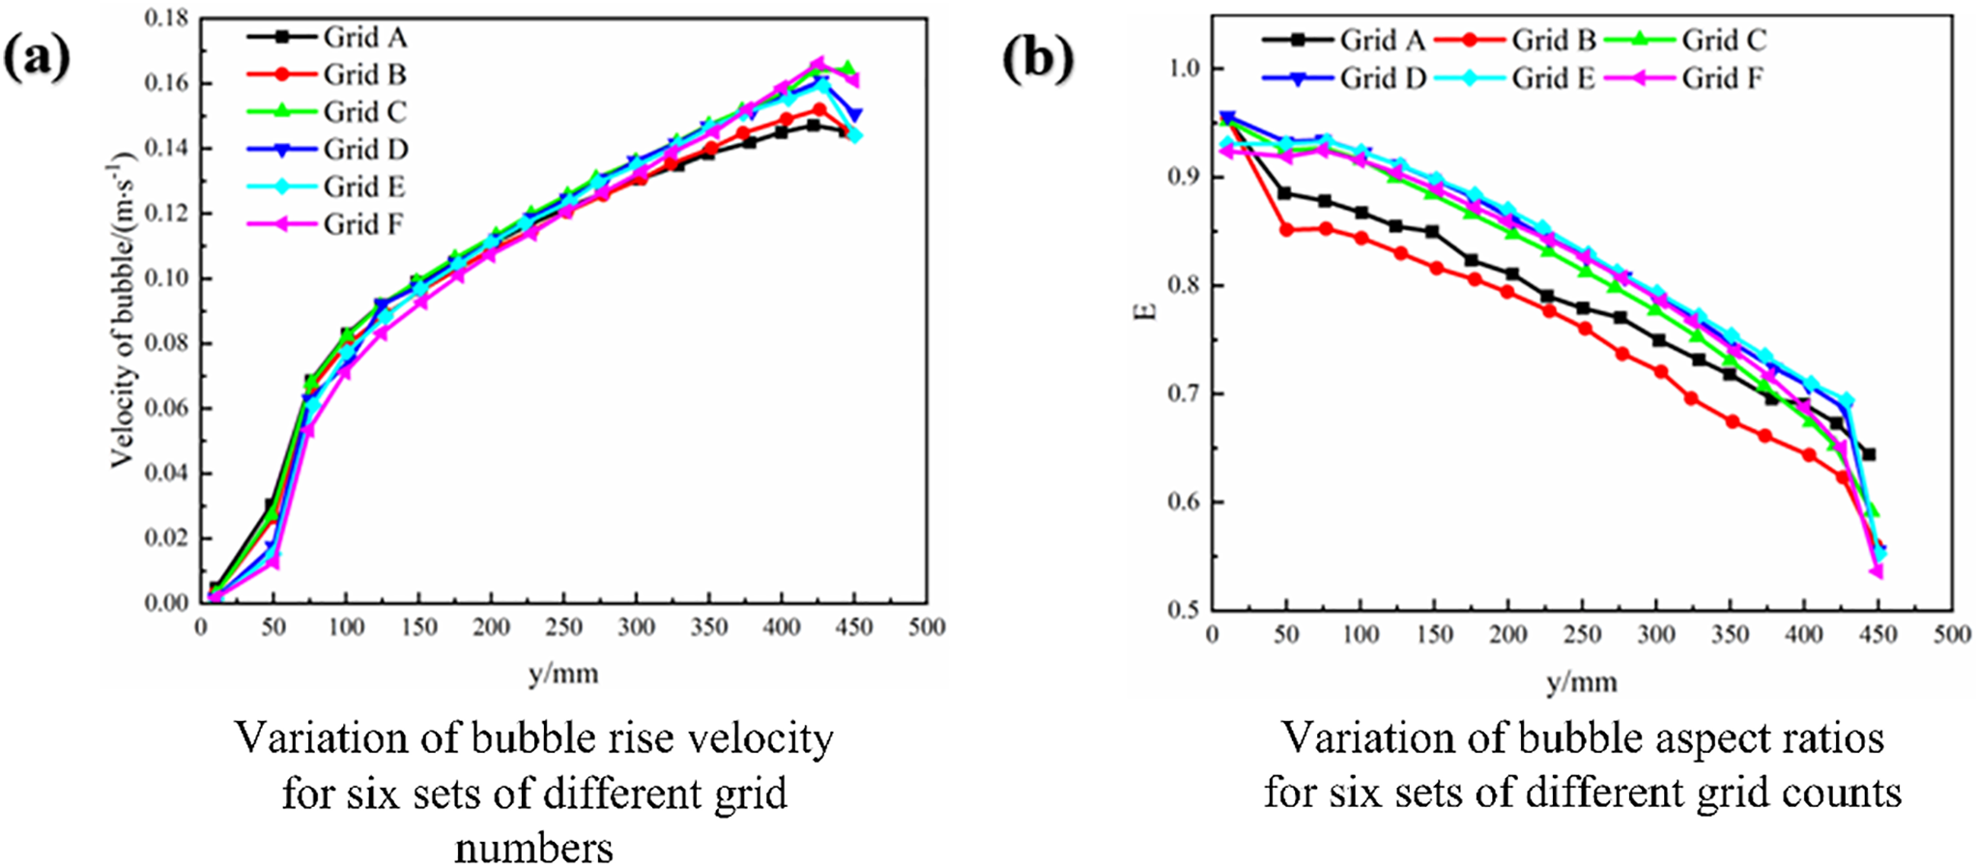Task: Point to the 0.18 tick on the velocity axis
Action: pyautogui.click(x=165, y=18)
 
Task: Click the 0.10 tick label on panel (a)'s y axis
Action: pyautogui.click(x=165, y=278)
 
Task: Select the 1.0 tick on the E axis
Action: pyautogui.click(x=1181, y=69)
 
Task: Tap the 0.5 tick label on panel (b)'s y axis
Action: pyautogui.click(x=1181, y=610)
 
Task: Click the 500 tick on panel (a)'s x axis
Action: pyautogui.click(x=927, y=627)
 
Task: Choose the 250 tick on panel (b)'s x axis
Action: pyautogui.click(x=1582, y=635)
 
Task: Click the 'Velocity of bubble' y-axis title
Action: pyautogui.click(x=122, y=309)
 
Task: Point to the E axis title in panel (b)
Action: pyautogui.click(x=1149, y=311)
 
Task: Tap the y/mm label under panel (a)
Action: pyautogui.click(x=563, y=673)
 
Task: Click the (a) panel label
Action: pyautogui.click(x=37, y=58)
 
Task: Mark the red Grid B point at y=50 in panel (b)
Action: pyautogui.click(x=1286, y=230)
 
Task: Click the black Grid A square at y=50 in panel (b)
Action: pyautogui.click(x=1285, y=193)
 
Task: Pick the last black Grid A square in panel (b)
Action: pyautogui.click(x=1869, y=454)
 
